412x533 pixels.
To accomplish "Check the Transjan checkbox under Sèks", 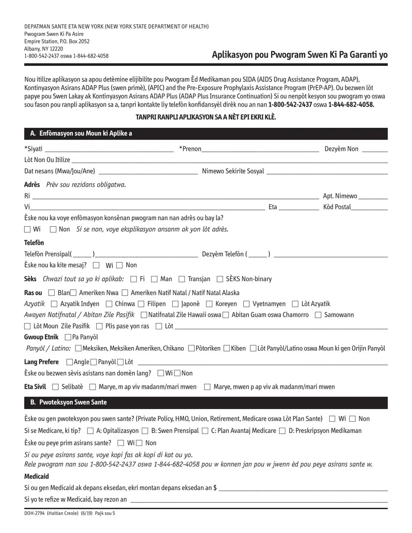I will coord(182,279).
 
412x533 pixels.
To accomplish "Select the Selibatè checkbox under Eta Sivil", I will coord(56,387).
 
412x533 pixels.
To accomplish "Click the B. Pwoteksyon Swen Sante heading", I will coord(69,403).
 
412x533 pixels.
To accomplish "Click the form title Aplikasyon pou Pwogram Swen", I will coord(300,55).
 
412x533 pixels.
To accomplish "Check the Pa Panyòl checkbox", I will coord(68,337).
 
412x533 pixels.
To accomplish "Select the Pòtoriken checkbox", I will coord(191,348).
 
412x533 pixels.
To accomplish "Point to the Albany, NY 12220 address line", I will coord(43,49).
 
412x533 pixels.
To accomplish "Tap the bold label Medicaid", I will coord(36,476).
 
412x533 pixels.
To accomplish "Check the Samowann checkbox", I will coord(318,315).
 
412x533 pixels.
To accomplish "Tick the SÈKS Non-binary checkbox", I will coord(220,279).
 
